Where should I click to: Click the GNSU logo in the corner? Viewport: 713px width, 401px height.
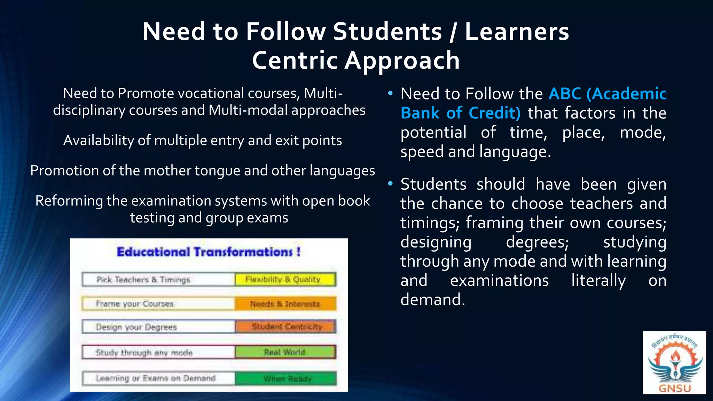click(674, 363)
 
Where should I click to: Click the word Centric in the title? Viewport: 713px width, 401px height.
click(295, 60)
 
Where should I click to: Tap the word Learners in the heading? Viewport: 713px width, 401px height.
click(517, 31)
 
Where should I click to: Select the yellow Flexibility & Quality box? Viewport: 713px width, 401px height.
click(285, 280)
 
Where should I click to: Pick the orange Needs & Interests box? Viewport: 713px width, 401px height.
click(285, 304)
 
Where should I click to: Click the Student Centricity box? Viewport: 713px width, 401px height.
click(285, 327)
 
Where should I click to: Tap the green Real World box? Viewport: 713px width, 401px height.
click(285, 352)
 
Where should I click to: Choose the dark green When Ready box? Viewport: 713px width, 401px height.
click(285, 378)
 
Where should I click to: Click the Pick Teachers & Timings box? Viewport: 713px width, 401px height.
click(158, 280)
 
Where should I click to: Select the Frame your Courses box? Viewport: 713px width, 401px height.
click(158, 304)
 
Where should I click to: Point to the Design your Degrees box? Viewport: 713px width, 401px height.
click(158, 327)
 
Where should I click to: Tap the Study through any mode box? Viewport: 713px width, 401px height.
click(158, 352)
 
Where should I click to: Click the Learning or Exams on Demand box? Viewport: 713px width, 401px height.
click(158, 378)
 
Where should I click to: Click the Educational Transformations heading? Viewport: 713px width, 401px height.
click(209, 252)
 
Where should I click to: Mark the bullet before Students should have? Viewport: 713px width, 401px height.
click(390, 183)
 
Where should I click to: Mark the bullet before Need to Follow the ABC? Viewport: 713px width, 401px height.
click(390, 93)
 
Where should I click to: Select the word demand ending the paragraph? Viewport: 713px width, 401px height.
click(432, 299)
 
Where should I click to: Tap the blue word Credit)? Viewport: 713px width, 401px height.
click(494, 113)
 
